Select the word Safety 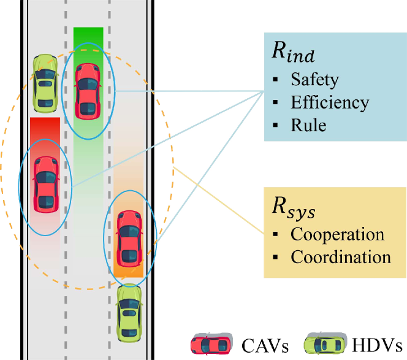[x=314, y=80]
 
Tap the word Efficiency [x=330, y=102]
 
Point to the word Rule [x=308, y=125]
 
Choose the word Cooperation [x=337, y=234]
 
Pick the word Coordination [x=341, y=257]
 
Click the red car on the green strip [x=88, y=91]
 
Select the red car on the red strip [x=45, y=183]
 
